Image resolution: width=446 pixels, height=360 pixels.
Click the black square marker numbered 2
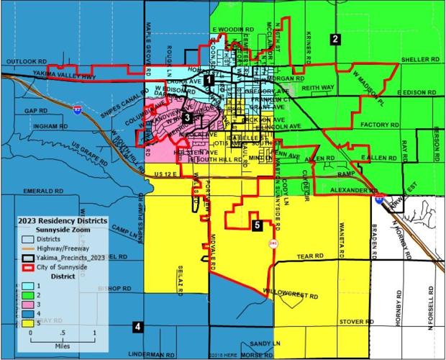point(334,40)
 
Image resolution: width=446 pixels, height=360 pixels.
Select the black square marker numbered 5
point(257,225)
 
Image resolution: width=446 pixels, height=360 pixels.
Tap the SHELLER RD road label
point(419,60)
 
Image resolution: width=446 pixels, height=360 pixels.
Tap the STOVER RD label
point(354,321)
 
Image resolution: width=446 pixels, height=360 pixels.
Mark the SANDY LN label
point(265,344)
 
